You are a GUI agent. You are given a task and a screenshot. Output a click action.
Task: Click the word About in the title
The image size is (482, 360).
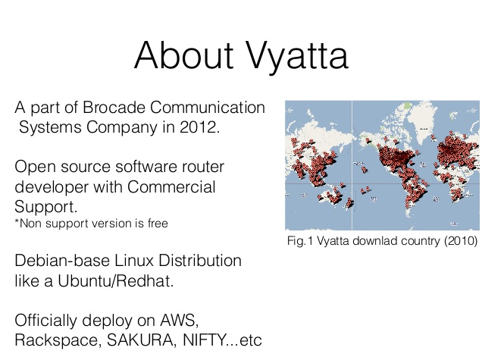(x=183, y=55)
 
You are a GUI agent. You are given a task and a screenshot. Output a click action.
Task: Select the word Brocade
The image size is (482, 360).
(x=114, y=108)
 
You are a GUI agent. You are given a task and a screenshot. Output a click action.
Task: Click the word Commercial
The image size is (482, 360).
(x=171, y=186)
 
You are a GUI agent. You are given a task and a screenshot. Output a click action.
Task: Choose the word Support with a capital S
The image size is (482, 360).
(x=45, y=207)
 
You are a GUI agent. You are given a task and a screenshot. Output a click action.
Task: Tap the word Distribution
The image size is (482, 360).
(x=200, y=261)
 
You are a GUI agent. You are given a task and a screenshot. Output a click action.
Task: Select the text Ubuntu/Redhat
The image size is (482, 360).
(x=116, y=280)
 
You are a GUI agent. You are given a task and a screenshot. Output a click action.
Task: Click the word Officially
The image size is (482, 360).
(x=45, y=321)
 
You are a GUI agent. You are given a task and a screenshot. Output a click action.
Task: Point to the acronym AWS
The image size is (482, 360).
(x=179, y=321)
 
